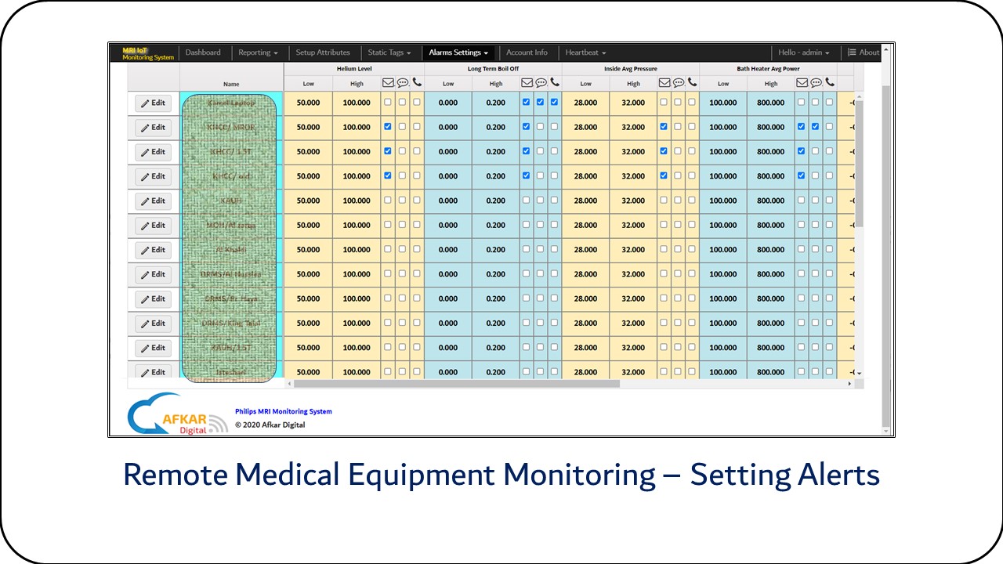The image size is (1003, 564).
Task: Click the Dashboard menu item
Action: (x=203, y=52)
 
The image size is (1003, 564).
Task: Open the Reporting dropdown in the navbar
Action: (x=258, y=52)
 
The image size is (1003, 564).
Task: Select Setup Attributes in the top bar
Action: (x=323, y=52)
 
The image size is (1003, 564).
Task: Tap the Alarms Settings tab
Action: (x=458, y=52)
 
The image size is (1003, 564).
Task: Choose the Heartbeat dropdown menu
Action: (x=585, y=52)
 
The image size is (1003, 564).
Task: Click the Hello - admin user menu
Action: (x=803, y=52)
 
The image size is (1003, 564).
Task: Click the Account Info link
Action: (x=527, y=52)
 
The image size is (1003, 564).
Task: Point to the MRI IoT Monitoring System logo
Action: (x=148, y=53)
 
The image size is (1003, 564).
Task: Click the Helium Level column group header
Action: (x=353, y=69)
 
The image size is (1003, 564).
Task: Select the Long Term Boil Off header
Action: (x=493, y=69)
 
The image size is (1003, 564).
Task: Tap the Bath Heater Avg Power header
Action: (x=767, y=69)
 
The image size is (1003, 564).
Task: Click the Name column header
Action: (x=231, y=84)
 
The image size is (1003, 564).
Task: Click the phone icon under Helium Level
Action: (x=417, y=82)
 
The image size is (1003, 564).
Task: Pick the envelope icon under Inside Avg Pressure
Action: (x=664, y=82)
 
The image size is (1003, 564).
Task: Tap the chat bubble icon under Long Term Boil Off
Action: (x=541, y=82)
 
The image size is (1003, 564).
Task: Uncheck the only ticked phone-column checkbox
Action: (x=554, y=102)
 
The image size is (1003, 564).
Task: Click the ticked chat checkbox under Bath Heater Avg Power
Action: (x=815, y=126)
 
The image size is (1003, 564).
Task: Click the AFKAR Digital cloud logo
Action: (x=168, y=414)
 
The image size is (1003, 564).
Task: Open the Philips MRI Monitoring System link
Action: (x=283, y=411)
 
